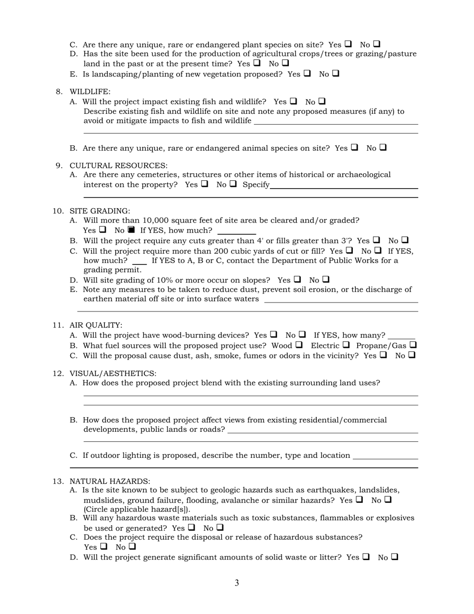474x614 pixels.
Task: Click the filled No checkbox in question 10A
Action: coord(131,230)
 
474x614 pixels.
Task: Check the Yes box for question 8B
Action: coord(354,147)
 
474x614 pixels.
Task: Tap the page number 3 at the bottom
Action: coord(237,583)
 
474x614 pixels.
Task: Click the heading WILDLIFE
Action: coord(90,92)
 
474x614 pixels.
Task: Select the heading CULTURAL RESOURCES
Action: coord(118,165)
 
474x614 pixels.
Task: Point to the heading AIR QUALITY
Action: coord(96,325)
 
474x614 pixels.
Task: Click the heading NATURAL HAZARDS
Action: coord(109,481)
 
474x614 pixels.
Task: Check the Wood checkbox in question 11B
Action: coord(299,344)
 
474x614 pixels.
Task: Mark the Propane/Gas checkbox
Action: coord(413,344)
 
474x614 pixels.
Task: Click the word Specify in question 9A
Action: coord(256,185)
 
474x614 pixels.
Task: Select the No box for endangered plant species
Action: coord(377,44)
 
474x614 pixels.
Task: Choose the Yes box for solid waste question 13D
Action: coord(366,556)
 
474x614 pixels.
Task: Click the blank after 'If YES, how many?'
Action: coord(401,335)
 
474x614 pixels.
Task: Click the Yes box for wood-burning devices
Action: coord(273,334)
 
